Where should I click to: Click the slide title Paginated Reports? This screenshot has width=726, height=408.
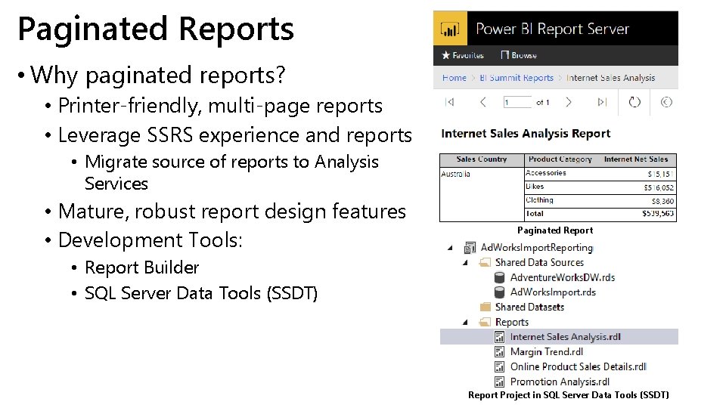(156, 29)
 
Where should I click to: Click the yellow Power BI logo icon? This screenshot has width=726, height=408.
(450, 29)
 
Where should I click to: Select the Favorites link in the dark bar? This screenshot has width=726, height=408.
(463, 55)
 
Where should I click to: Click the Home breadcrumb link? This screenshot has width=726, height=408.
(455, 78)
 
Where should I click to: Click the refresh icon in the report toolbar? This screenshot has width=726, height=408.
(634, 102)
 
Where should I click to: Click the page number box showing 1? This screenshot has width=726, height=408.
(516, 102)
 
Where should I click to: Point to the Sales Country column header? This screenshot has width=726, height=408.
(482, 159)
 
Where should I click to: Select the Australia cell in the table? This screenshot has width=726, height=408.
(456, 174)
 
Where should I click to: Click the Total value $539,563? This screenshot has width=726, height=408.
(659, 214)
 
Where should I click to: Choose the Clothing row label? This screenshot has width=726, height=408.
(540, 200)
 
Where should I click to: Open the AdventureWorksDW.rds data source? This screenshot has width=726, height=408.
(562, 277)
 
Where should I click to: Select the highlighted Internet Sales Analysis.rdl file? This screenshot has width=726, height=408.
(565, 337)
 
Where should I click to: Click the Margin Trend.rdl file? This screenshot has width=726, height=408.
(546, 351)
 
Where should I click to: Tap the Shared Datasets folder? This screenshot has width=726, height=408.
(529, 307)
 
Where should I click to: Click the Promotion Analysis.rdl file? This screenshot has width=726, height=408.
(560, 382)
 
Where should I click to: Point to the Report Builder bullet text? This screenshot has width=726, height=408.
(141, 267)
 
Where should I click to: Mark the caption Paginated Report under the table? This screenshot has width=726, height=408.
(555, 230)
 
